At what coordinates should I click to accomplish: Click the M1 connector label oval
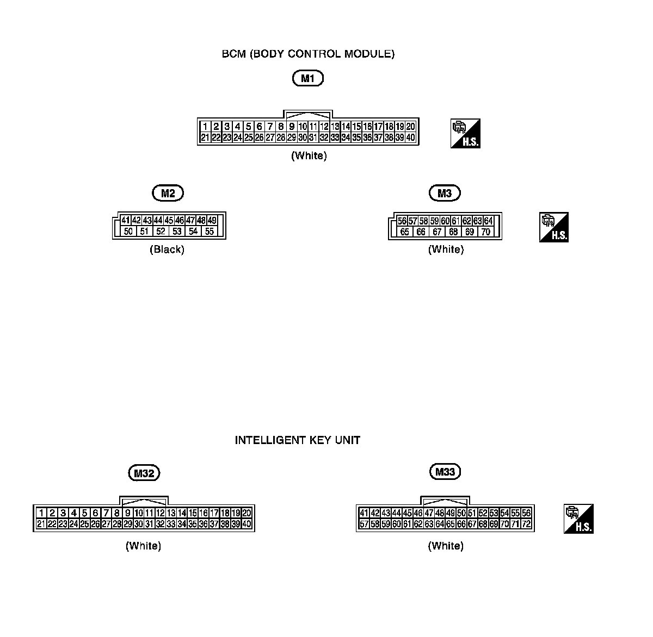click(308, 78)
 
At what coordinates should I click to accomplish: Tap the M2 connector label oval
click(168, 193)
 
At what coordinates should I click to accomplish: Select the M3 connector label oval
click(445, 193)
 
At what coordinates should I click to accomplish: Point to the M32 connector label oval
click(144, 473)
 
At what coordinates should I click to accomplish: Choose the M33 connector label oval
click(445, 472)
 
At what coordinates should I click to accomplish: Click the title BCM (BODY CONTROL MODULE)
click(308, 54)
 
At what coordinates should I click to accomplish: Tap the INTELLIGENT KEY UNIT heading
click(297, 440)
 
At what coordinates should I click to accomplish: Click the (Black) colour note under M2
click(167, 249)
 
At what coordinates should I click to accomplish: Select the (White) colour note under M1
click(309, 155)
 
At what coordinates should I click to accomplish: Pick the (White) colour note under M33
click(446, 545)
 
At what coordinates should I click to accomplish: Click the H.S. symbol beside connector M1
click(466, 134)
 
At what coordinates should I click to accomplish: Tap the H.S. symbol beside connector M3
click(554, 227)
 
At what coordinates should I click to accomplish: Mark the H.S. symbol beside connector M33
click(578, 519)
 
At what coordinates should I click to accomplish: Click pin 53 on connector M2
click(177, 232)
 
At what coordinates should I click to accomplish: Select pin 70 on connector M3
click(486, 232)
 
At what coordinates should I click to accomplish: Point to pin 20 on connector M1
click(411, 127)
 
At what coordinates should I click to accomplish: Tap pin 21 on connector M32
click(41, 524)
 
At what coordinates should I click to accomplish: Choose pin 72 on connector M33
click(526, 524)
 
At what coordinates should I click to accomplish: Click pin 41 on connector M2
click(126, 221)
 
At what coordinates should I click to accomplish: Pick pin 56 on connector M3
click(402, 221)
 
